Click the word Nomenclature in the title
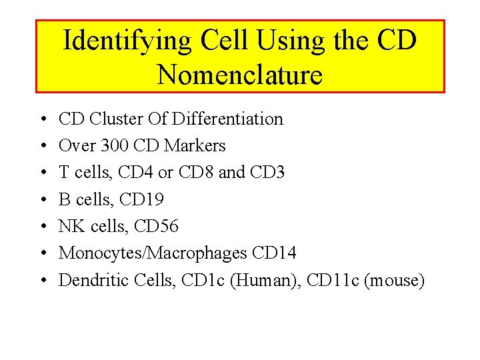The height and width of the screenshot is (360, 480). pos(240,75)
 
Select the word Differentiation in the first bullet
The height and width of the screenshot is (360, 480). pos(227,119)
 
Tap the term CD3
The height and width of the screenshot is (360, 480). pos(267,173)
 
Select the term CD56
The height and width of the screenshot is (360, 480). pos(157,227)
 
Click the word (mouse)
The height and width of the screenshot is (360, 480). pos(394,281)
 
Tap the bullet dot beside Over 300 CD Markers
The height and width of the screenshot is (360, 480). pos(43,147)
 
